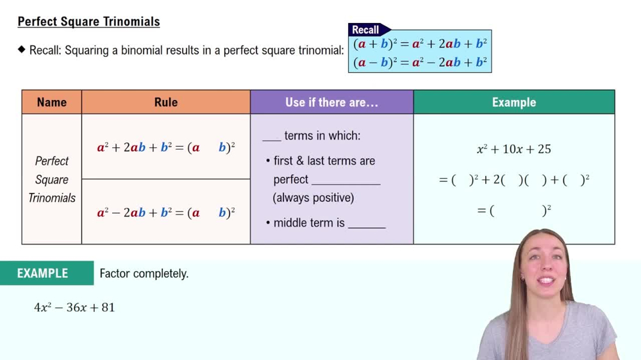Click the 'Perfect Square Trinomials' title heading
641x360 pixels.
[x=88, y=22]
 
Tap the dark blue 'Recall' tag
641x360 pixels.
[x=366, y=29]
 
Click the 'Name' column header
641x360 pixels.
[x=52, y=102]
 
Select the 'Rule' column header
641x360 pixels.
[x=166, y=102]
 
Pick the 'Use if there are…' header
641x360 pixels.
[x=331, y=102]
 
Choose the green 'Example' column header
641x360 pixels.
[x=513, y=102]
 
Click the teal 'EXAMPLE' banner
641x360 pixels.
[x=43, y=274]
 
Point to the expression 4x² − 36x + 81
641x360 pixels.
[x=74, y=307]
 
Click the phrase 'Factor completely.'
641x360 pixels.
[x=144, y=274]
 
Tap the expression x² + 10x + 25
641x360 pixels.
[x=513, y=149]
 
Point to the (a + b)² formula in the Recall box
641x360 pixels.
[x=420, y=44]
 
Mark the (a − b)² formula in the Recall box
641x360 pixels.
[x=420, y=62]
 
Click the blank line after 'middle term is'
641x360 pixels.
[x=367, y=224]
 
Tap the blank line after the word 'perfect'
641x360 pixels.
[x=345, y=181]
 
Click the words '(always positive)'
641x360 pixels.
[x=313, y=198]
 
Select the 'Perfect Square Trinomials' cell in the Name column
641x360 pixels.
[x=52, y=179]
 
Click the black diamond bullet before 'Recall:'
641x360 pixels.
[x=22, y=49]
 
